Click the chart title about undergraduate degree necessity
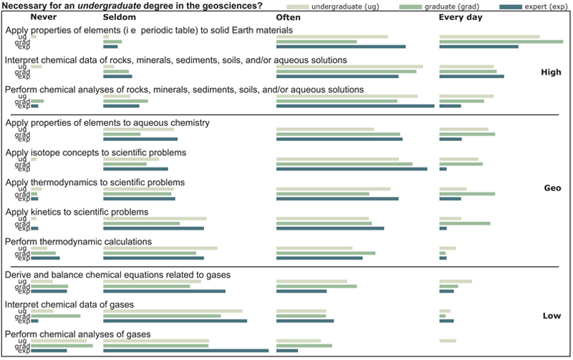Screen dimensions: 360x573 pos(133,6)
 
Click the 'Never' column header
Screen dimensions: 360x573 pos(44,17)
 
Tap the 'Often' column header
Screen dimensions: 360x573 pos(289,17)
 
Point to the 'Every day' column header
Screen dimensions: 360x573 pos(461,17)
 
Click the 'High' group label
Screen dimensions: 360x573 pos(551,72)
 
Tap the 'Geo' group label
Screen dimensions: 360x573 pos(552,188)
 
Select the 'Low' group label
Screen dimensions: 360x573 pos(552,316)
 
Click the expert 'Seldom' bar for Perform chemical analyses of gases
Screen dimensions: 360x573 pos(186,351)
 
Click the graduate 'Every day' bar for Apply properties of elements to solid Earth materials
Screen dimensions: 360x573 pos(501,42)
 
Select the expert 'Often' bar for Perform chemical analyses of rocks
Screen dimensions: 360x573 pos(355,106)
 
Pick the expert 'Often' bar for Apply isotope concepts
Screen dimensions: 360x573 pos(352,169)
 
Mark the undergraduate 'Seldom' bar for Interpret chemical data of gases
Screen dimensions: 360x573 pos(173,311)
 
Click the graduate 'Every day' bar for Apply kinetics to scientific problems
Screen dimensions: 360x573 pos(464,223)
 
